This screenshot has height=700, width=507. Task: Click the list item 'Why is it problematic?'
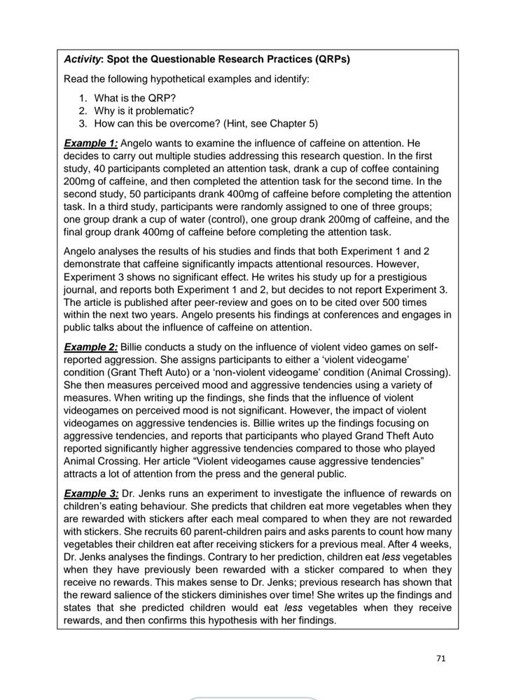[144, 111]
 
